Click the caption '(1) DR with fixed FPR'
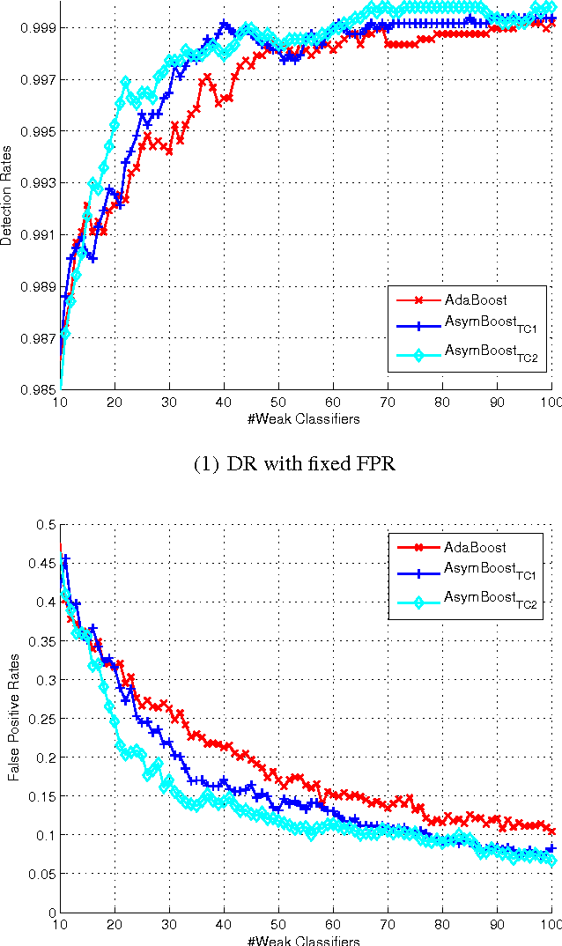coord(292,464)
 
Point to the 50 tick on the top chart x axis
coord(278,403)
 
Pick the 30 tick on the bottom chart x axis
coord(169,926)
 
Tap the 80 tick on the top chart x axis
coord(442,403)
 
